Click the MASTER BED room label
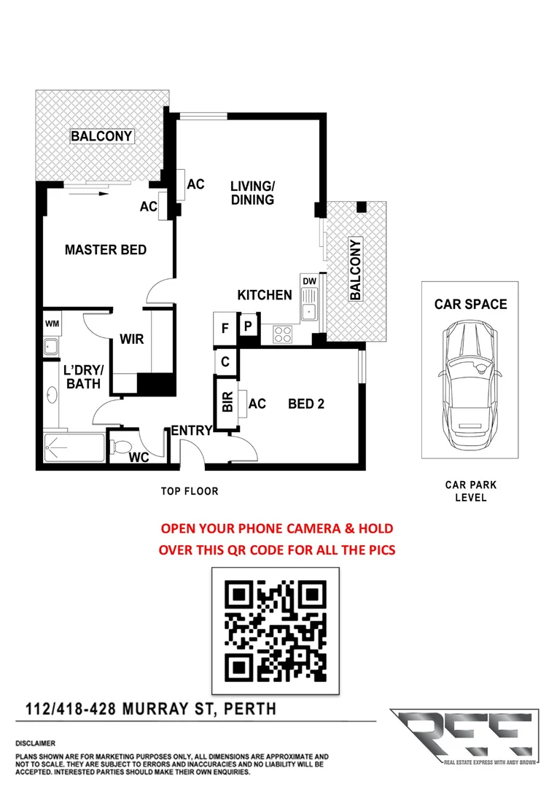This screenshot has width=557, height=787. pos(106,250)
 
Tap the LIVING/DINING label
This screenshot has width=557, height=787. pos(252,192)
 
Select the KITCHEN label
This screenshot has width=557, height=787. pos(265,295)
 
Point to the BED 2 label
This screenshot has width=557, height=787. pos(306,403)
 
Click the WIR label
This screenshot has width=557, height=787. pos(132,340)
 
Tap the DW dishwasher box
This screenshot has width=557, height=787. pos(308,281)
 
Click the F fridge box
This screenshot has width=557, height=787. pos(225,328)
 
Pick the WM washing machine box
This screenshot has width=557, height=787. pos(52,323)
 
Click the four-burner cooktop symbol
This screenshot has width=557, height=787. pos(282,334)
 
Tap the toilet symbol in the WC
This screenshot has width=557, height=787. pos(122,445)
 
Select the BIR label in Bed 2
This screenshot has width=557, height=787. pos(226,403)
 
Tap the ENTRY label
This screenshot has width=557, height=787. pos(191,431)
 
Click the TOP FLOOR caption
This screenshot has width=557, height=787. pos(190,491)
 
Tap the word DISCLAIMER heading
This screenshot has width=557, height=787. pos(35,743)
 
